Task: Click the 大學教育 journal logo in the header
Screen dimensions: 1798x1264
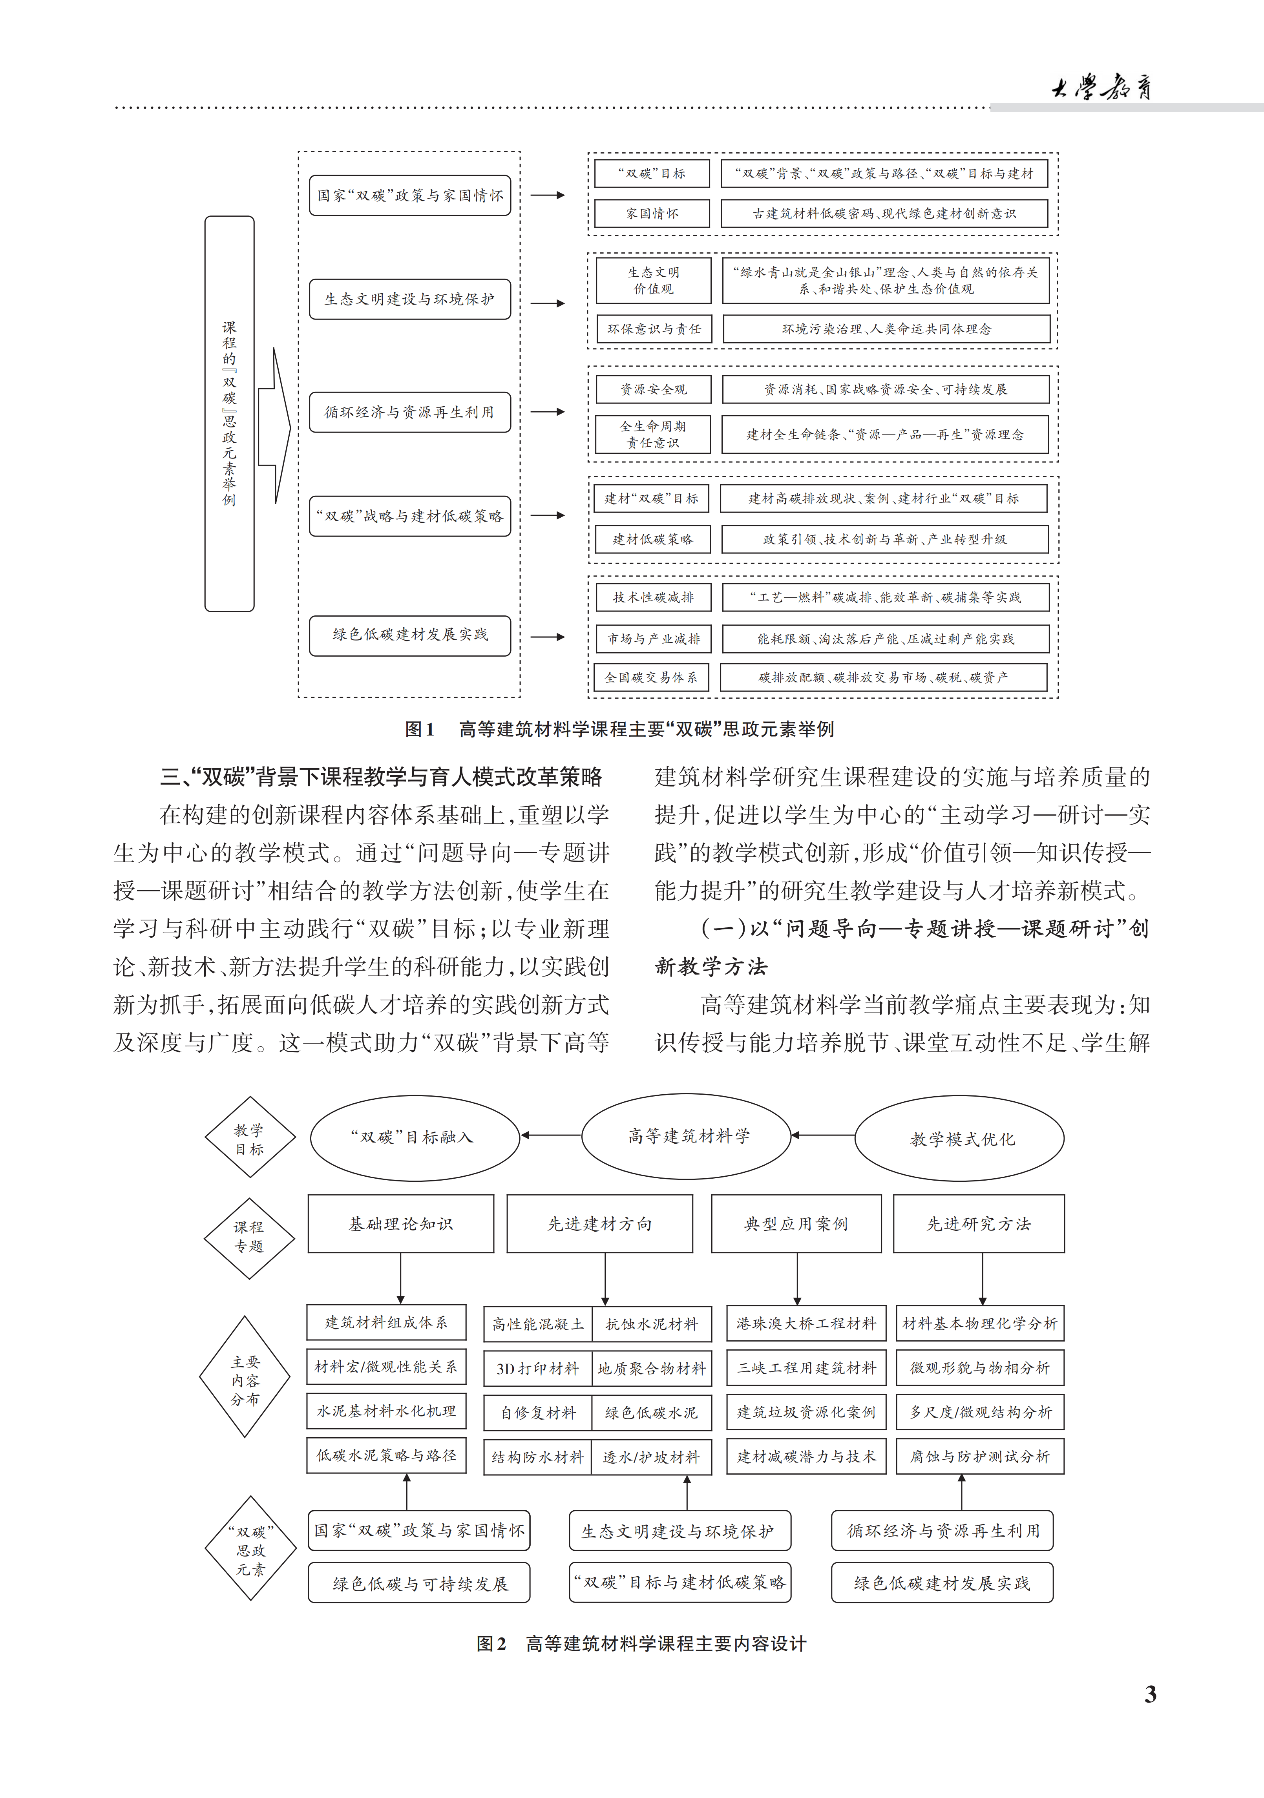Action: (1100, 87)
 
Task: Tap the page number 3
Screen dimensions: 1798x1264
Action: (1150, 1694)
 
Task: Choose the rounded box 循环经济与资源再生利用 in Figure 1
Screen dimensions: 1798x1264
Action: (409, 412)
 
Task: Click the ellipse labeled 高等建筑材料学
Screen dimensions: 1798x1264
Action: (687, 1135)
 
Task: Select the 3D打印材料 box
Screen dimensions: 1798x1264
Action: (537, 1368)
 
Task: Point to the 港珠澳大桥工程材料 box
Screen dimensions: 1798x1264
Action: (806, 1323)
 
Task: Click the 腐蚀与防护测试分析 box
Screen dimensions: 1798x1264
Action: (980, 1456)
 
